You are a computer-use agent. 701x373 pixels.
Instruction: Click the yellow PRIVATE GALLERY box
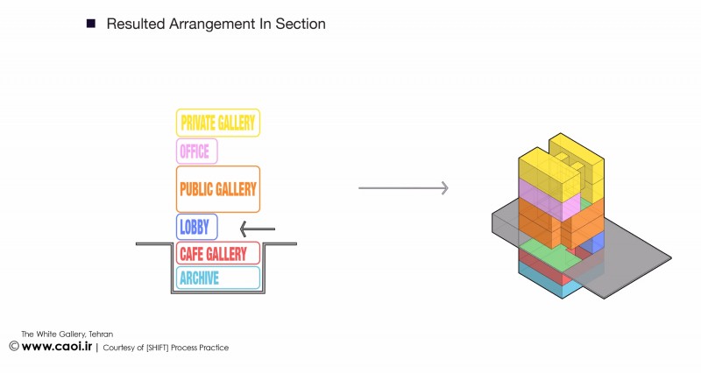(x=217, y=123)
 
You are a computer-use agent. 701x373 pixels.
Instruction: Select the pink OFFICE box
(x=196, y=151)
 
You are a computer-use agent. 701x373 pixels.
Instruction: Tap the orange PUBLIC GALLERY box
(x=217, y=189)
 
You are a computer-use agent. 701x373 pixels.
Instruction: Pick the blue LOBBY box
(x=196, y=227)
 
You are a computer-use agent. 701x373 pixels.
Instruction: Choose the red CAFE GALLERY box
(x=217, y=253)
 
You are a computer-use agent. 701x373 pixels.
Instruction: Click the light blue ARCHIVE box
(x=217, y=278)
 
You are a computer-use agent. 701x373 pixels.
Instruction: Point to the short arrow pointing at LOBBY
(x=258, y=229)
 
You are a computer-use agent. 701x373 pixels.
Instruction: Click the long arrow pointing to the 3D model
(x=403, y=188)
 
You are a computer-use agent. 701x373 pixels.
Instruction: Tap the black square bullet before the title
(x=91, y=24)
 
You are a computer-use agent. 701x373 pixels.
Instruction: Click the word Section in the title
(x=301, y=24)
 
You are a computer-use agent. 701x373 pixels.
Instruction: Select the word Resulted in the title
(x=136, y=24)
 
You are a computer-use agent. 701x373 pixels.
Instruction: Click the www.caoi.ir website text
(x=57, y=346)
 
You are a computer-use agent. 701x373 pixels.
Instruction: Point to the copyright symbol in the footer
(x=14, y=346)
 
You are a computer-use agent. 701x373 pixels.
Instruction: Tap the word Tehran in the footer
(x=101, y=334)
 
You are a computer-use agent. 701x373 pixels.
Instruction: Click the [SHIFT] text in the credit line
(x=158, y=348)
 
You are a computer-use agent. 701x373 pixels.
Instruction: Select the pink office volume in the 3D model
(x=544, y=196)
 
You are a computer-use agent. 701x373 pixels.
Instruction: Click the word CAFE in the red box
(x=192, y=254)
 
